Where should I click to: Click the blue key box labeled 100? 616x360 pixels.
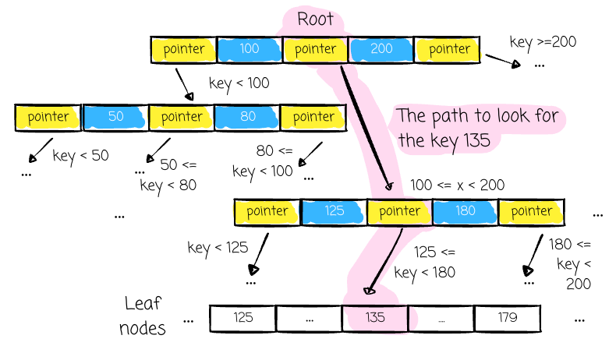click(x=249, y=49)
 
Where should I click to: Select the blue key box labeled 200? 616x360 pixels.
click(x=381, y=49)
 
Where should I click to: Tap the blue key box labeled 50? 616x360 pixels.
click(x=115, y=118)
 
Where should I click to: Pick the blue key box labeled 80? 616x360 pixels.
click(x=247, y=118)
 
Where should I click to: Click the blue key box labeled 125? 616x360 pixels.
click(x=334, y=212)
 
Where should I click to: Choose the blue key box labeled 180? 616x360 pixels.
click(x=466, y=212)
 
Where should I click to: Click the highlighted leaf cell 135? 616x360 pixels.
click(x=375, y=319)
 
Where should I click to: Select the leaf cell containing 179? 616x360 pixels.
click(x=507, y=319)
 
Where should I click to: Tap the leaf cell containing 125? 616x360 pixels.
click(x=243, y=319)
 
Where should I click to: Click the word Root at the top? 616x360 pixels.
click(x=315, y=19)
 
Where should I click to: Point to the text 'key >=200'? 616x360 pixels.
click(x=543, y=42)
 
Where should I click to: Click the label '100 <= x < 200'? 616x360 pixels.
click(x=457, y=185)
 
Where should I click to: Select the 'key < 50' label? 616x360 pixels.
click(x=80, y=157)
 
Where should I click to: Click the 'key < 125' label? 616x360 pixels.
click(x=218, y=249)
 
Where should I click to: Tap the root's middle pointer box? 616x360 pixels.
click(x=315, y=49)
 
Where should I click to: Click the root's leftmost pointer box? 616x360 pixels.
click(x=183, y=49)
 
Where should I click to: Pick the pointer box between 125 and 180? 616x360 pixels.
click(x=399, y=212)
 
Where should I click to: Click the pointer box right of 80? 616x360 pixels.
click(x=313, y=118)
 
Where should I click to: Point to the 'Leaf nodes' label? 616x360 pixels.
click(x=142, y=316)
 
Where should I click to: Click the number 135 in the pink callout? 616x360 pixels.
click(x=476, y=140)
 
